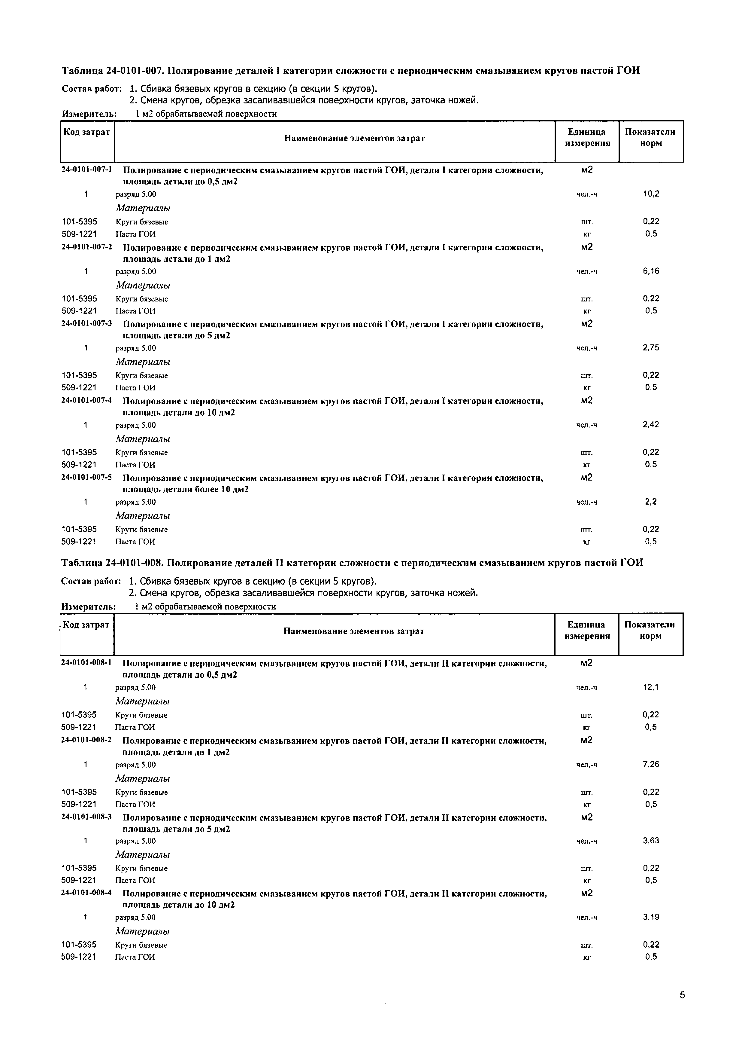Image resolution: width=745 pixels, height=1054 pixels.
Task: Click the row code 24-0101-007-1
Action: (x=87, y=170)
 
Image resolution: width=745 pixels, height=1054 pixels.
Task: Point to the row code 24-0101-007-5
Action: (x=87, y=478)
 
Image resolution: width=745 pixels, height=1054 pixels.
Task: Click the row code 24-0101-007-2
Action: (x=87, y=246)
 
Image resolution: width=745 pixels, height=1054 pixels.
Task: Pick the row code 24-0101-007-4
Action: (x=87, y=400)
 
